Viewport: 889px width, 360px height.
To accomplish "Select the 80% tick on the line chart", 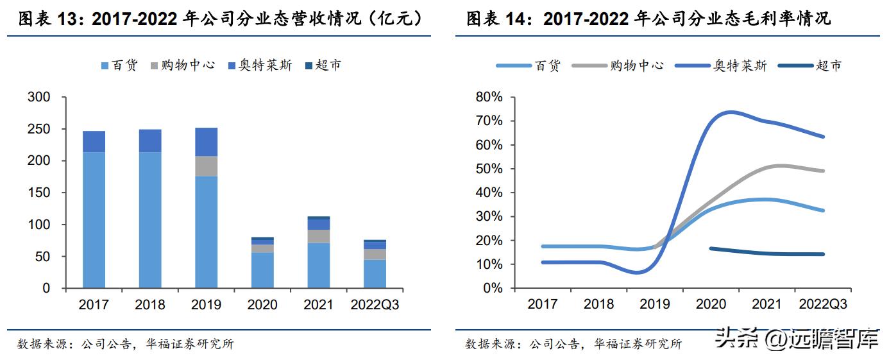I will click(x=489, y=98).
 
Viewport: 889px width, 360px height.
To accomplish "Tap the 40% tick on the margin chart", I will click(x=489, y=193).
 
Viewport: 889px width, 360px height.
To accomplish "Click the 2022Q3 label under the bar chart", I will click(x=375, y=305).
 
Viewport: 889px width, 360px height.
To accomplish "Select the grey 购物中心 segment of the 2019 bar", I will click(x=206, y=166).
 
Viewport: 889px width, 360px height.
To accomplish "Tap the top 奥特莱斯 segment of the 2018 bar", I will click(x=150, y=141).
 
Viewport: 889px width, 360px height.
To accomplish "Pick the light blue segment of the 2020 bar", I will click(x=262, y=270).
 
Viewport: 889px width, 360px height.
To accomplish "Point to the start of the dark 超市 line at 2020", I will click(x=710, y=248).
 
